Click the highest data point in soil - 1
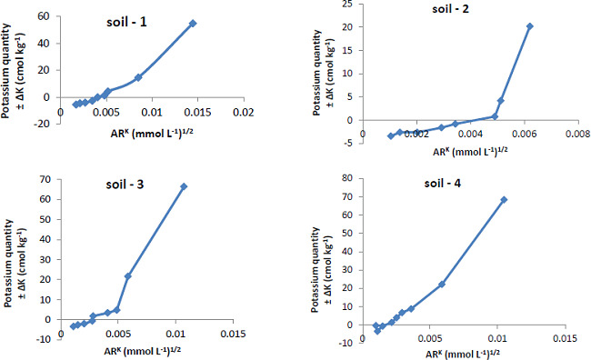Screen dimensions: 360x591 click(x=193, y=24)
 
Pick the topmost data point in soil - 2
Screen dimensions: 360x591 click(x=530, y=26)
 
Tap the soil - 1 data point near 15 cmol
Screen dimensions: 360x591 click(x=138, y=78)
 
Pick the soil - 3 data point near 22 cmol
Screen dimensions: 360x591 click(x=128, y=275)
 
